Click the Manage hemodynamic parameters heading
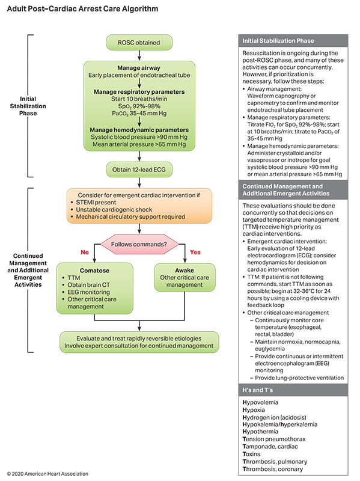coord(139,130)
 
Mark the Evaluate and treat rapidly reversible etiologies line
coord(139,338)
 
